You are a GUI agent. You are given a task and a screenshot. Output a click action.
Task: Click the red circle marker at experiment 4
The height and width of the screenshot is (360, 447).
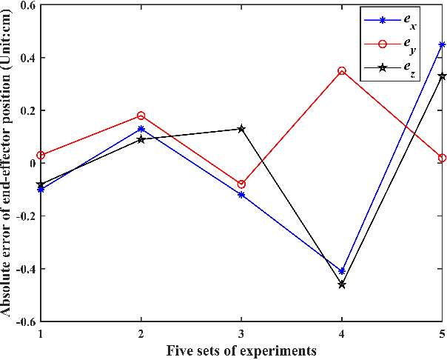342,71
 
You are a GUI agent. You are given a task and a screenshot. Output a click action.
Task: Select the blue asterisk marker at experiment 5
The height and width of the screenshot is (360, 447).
442,45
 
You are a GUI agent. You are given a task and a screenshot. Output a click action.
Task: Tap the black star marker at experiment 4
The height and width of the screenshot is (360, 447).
342,284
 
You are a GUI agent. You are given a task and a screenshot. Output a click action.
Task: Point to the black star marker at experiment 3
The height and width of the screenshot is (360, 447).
241,129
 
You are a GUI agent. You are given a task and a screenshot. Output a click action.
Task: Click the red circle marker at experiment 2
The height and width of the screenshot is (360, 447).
141,116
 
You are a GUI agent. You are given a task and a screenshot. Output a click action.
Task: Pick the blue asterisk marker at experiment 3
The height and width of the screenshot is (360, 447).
241,195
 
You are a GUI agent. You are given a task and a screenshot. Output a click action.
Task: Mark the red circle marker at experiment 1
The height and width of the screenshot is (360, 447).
41,156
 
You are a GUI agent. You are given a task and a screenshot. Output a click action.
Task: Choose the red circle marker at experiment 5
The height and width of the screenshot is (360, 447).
442,158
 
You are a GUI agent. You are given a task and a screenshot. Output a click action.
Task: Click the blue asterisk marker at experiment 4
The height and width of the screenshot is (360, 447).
342,271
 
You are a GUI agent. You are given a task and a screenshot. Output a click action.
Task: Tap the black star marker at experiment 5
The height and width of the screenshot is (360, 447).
442,76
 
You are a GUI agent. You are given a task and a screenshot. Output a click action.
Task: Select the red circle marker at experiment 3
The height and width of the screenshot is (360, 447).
241,184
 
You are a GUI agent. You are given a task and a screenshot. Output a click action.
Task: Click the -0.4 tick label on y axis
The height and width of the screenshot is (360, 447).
24,269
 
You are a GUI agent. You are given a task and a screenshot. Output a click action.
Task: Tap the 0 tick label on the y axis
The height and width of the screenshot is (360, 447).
33,164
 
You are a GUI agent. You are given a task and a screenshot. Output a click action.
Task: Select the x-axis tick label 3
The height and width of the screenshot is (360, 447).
241,334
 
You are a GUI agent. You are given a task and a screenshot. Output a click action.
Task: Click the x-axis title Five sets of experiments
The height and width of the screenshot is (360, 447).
241,350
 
